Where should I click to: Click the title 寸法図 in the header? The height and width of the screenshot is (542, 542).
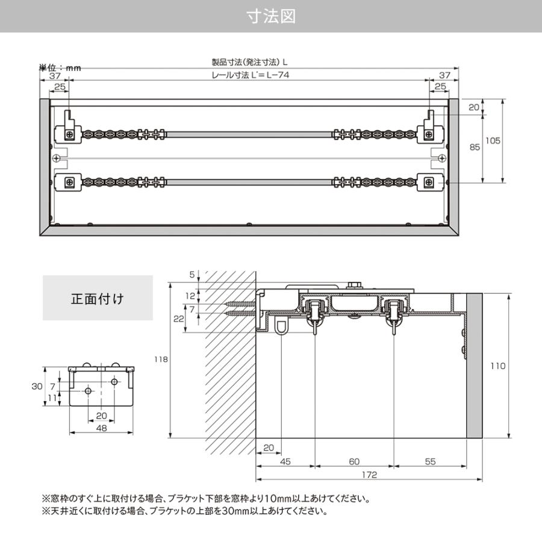tap(271, 16)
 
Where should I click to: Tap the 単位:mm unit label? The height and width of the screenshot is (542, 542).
tap(60, 67)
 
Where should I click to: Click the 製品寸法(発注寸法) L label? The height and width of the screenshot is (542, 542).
tap(250, 61)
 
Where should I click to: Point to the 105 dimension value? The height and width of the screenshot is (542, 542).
tap(493, 140)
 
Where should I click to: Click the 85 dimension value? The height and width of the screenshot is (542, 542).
tap(474, 147)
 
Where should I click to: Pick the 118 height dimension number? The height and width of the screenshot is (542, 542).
tap(161, 360)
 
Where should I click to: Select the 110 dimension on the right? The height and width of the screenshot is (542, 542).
tap(497, 366)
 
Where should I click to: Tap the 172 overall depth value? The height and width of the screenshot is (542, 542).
tap(369, 475)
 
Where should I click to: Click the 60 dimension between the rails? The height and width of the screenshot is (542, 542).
tap(354, 461)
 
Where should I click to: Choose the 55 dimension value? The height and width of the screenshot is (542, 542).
tap(430, 461)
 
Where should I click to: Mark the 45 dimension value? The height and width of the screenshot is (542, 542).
tap(285, 461)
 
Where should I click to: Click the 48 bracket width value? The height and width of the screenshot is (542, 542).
tap(101, 428)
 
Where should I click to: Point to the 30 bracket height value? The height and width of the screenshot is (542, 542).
tap(37, 386)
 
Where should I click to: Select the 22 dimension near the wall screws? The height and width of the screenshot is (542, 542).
tap(178, 319)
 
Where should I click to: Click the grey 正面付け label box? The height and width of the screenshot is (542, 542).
tap(98, 297)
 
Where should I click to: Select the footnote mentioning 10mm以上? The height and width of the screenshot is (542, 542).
tap(205, 499)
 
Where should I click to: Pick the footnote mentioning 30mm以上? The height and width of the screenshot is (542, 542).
tap(184, 512)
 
